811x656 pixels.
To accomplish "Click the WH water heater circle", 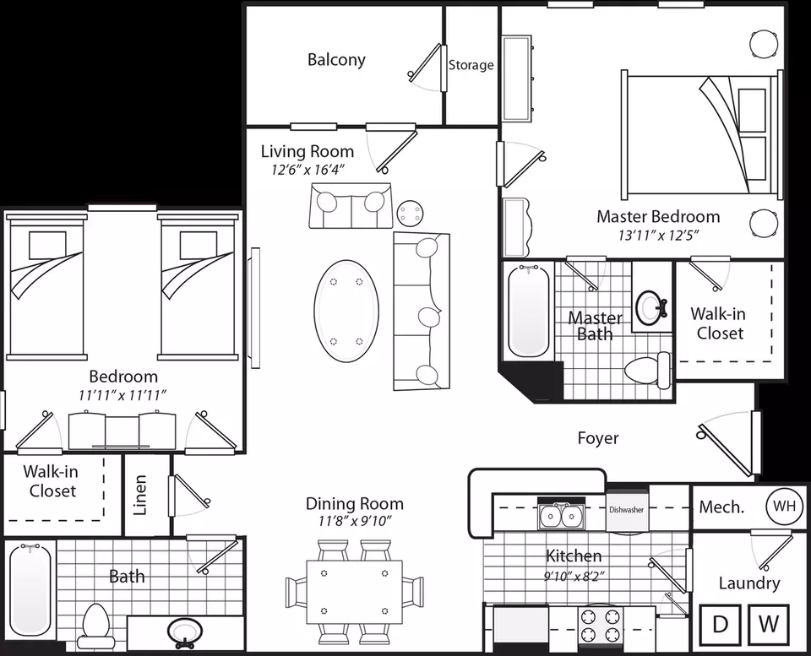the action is coord(784,506).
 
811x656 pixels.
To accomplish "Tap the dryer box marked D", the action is coord(720,624).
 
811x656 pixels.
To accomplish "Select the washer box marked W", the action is coord(769,624).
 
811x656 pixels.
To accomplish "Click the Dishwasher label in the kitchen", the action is coord(626,509).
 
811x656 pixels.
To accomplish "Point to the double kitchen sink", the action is coord(561,515).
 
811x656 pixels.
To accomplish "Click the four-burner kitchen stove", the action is coord(600,625).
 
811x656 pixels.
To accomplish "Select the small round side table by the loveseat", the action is coord(411,213).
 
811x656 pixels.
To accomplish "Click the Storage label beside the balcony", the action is coord(471,65).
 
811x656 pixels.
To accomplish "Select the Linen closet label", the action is coord(141,495).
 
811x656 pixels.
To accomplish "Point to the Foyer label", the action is coord(598,438).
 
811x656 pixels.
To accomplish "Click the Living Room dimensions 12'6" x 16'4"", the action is coord(308,170).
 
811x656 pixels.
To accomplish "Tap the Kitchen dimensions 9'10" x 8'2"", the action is coord(574,576).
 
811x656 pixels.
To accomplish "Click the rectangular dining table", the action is coord(354,593).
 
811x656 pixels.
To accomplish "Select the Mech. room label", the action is coord(721,507).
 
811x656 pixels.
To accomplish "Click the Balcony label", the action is coord(336,60).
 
